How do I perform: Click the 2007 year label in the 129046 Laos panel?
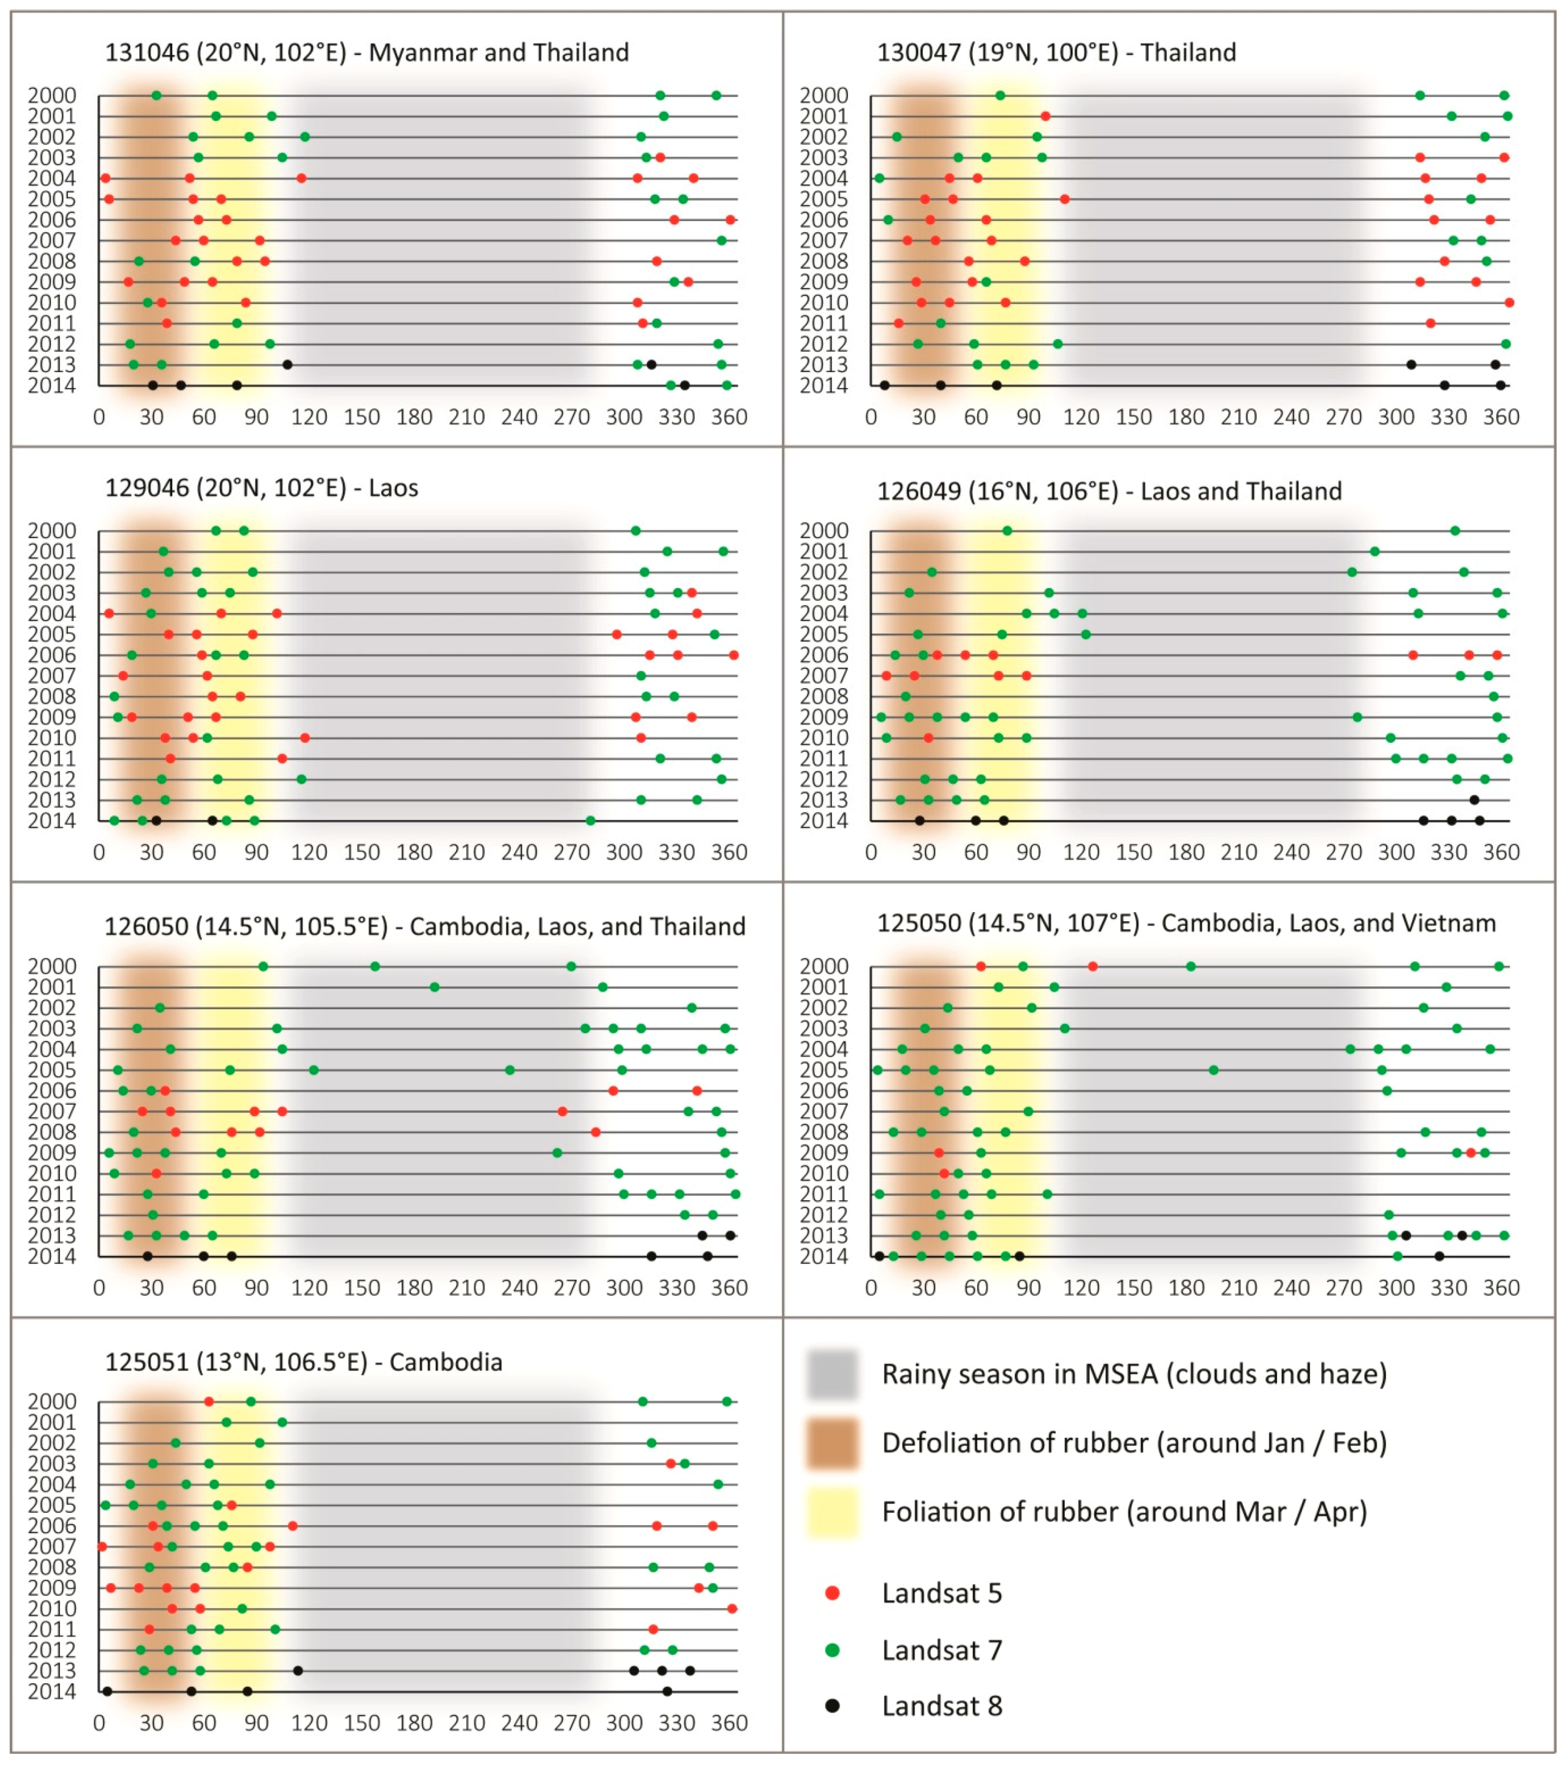click(52, 676)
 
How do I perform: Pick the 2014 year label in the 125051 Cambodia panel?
click(52, 1692)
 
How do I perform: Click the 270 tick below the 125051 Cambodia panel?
click(572, 1723)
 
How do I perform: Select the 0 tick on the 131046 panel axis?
click(99, 417)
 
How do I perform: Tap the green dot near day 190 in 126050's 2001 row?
click(434, 987)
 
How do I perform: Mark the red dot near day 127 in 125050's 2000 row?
click(1093, 966)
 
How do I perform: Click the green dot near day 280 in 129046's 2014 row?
click(590, 821)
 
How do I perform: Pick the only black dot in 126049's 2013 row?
click(1475, 800)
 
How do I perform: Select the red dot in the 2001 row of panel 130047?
click(1045, 116)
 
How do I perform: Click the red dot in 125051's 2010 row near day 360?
click(732, 1609)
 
